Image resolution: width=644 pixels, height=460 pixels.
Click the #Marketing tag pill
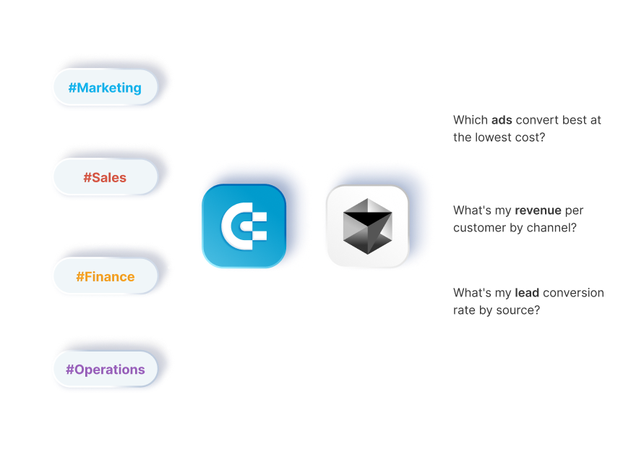105,88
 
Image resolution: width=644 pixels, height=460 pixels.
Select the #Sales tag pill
105,177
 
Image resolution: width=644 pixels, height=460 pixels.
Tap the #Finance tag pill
105,276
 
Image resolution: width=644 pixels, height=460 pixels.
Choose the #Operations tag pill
105,370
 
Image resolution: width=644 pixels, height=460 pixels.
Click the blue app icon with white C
244,226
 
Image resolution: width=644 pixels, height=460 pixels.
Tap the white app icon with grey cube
366,226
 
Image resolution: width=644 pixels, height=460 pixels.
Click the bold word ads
502,120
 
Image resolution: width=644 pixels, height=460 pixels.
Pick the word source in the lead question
518,310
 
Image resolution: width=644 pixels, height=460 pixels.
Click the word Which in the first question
471,120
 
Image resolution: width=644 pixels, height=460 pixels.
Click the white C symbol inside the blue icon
244,226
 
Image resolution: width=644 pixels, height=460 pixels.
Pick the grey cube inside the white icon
366,223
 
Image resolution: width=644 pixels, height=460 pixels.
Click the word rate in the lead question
465,310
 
